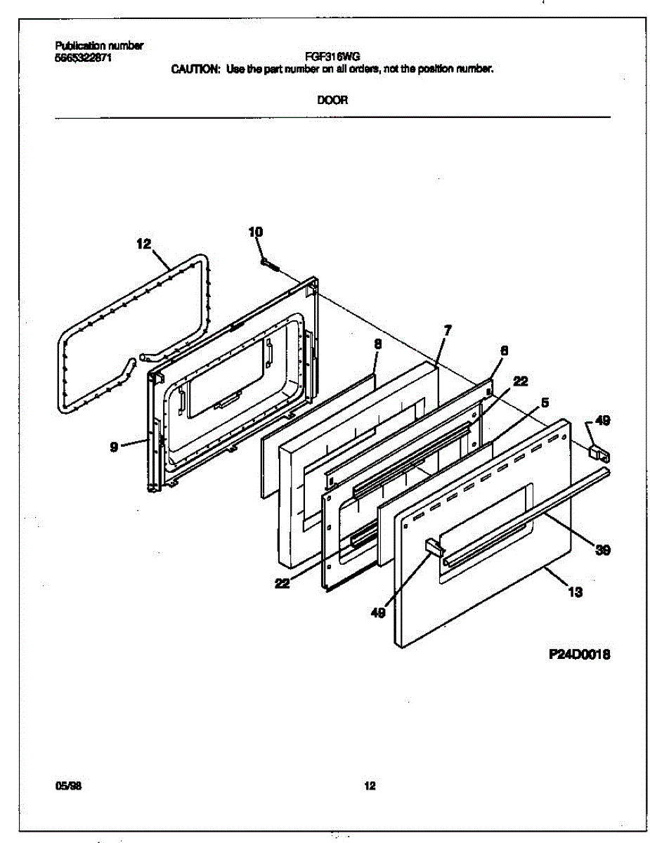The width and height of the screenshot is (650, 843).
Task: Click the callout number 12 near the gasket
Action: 143,244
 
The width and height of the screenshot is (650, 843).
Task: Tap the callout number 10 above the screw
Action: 256,232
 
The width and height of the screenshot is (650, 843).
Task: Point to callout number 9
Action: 114,445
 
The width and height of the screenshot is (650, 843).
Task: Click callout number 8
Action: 377,344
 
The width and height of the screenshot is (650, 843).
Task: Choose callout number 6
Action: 504,350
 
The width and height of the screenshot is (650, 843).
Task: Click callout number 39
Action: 602,550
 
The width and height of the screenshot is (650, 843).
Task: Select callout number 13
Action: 575,592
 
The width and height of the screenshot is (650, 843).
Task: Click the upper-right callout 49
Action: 602,421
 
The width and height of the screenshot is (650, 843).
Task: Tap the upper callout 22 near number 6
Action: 520,381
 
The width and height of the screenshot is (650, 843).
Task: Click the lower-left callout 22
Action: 282,582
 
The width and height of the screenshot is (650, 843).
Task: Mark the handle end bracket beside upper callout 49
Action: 597,450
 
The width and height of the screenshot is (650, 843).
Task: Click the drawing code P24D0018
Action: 579,654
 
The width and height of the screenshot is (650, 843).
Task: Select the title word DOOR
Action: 332,100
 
